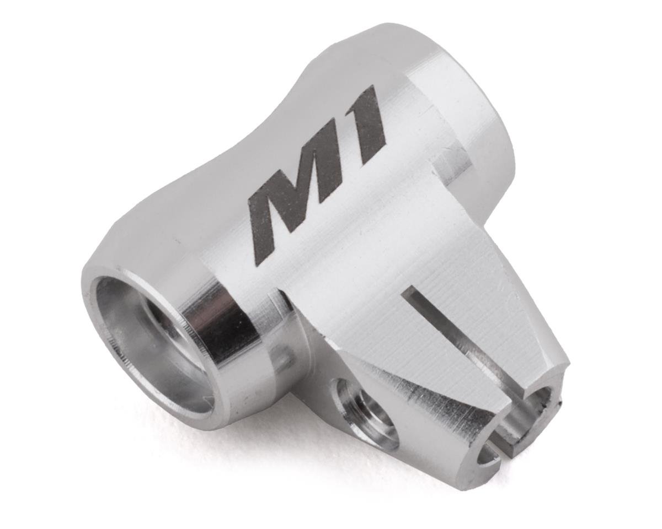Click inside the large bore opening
click(149, 342)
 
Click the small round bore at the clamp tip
click(532, 408)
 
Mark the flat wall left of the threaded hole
click(309, 375)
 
